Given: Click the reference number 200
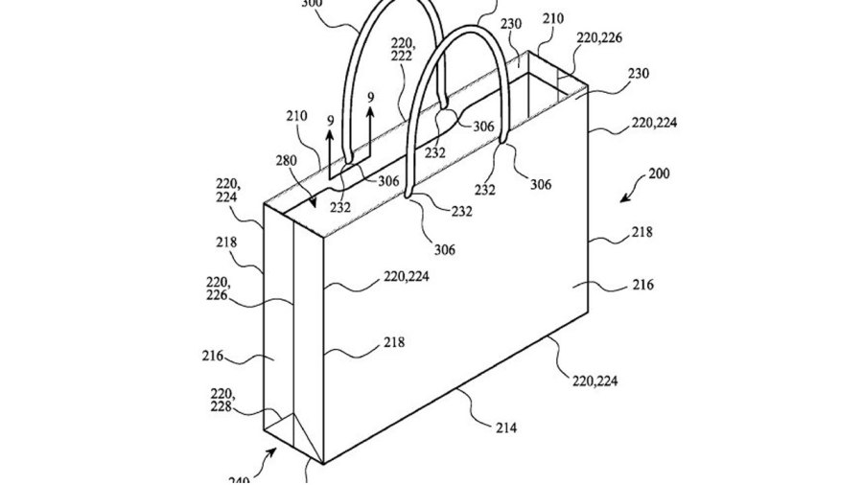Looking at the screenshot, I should [659, 175].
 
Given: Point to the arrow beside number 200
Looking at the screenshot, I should [630, 195].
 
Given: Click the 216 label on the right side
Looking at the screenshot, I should [642, 285].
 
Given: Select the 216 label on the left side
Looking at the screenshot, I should [213, 356].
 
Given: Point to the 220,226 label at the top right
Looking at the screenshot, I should [599, 39].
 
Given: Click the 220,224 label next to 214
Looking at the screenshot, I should [595, 381].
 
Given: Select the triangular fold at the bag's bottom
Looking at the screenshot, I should [288, 427].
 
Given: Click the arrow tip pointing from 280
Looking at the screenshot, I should [315, 203].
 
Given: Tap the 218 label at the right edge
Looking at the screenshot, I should [641, 232].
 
